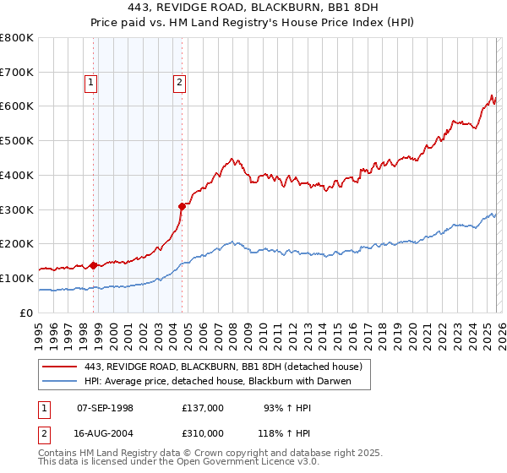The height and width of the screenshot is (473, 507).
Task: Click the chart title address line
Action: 253,8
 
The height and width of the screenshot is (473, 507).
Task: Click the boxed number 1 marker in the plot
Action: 91,82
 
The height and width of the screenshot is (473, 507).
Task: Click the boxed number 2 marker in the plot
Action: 180,82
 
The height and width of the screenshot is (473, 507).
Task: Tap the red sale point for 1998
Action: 93,265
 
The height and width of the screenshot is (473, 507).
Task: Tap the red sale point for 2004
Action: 182,205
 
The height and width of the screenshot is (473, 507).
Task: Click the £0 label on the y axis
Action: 25,313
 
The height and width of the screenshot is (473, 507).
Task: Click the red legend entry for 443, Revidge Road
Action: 223,367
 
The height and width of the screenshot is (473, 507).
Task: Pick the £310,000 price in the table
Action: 203,432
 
